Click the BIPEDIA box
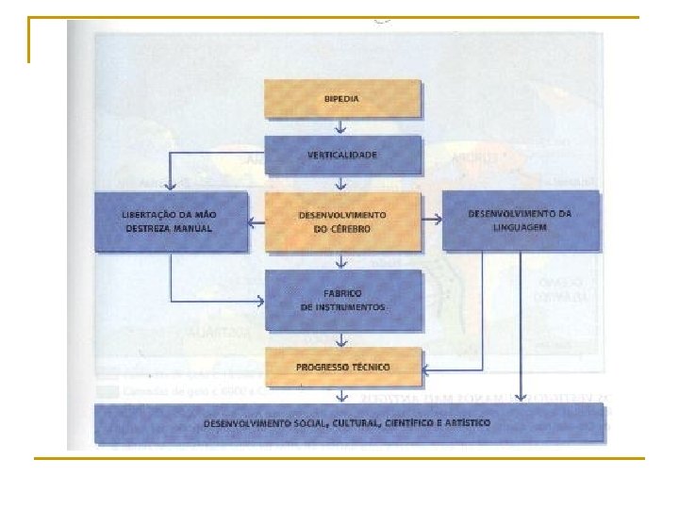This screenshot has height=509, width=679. click(341, 99)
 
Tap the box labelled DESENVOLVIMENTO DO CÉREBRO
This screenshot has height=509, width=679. click(341, 222)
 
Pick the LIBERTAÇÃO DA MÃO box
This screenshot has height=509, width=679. click(170, 222)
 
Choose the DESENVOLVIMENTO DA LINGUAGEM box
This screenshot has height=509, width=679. click(520, 220)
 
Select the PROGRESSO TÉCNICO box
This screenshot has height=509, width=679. click(341, 367)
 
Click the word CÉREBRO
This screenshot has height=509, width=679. click(352, 230)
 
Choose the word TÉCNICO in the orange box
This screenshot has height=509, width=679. click(368, 367)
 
